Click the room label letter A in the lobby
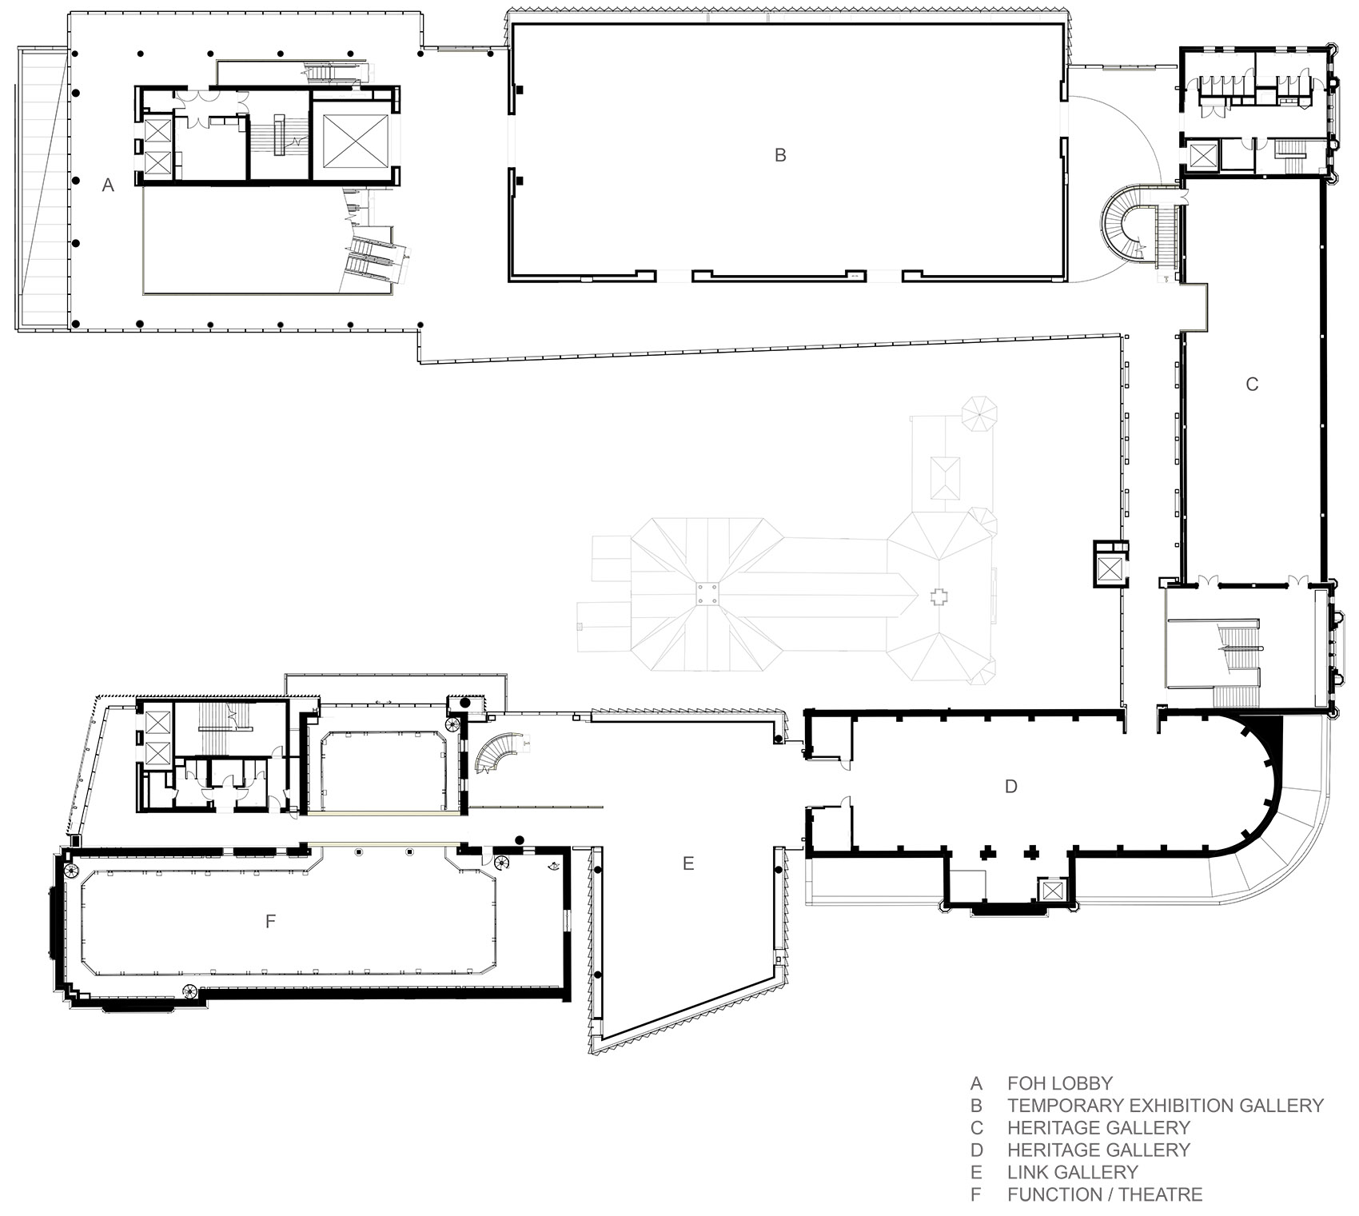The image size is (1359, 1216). point(109,185)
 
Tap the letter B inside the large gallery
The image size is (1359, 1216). point(780,155)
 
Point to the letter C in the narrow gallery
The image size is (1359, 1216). point(1252,385)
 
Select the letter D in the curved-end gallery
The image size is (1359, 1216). point(1010,787)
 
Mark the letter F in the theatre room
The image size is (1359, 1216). point(270,922)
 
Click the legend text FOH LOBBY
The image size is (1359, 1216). point(1060,1083)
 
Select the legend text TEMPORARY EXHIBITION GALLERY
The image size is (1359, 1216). point(1166,1106)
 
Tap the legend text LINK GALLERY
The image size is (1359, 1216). point(1072,1172)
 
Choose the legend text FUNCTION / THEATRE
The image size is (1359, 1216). point(1105,1194)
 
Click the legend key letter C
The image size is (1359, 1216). point(976,1128)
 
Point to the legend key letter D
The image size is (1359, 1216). point(976,1150)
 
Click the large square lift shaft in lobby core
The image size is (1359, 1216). point(355,141)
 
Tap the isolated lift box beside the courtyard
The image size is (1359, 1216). point(1110,569)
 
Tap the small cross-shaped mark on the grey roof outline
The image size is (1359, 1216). point(940,596)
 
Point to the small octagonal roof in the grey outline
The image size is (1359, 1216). point(979,413)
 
